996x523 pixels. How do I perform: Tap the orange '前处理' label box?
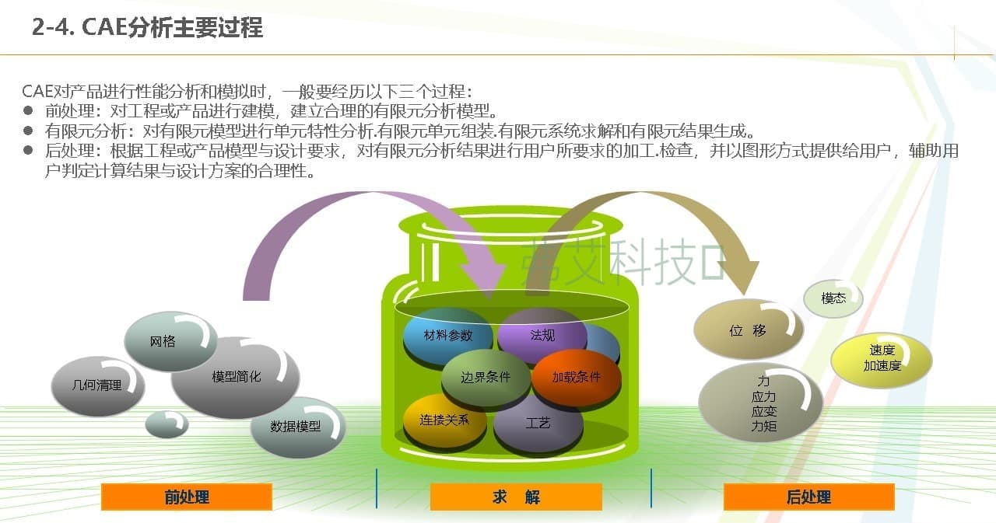(x=187, y=497)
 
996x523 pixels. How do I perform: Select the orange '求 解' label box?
(x=516, y=497)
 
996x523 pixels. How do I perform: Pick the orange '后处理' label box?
(x=808, y=497)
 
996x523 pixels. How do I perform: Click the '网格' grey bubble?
(x=170, y=341)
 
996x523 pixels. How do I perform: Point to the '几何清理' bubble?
(x=98, y=385)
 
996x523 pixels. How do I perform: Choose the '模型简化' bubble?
(x=235, y=377)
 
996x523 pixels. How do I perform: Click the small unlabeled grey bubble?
(x=167, y=424)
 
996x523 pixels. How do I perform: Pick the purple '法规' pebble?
(x=542, y=334)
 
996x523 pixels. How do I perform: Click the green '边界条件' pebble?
(x=486, y=378)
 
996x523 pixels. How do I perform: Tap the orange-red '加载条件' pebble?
(x=577, y=378)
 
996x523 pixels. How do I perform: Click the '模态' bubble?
(x=833, y=298)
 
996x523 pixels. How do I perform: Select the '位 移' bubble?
(x=749, y=329)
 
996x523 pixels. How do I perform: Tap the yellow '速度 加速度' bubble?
(x=882, y=360)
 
